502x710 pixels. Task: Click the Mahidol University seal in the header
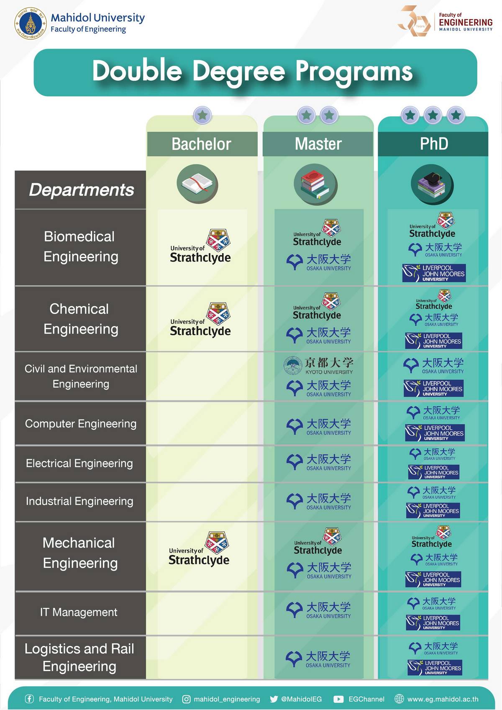click(x=31, y=23)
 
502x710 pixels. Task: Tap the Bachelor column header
click(x=202, y=144)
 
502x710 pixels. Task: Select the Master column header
click(x=318, y=144)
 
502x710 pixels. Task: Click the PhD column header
click(x=433, y=144)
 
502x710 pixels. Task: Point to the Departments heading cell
click(x=81, y=190)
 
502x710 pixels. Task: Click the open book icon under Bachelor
click(x=197, y=185)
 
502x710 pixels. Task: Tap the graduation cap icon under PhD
click(x=432, y=185)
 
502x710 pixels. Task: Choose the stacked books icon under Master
click(x=315, y=185)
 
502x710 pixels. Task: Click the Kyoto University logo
click(x=318, y=365)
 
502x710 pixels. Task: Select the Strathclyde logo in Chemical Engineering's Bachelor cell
click(x=200, y=320)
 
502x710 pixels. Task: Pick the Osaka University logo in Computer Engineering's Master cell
click(x=319, y=426)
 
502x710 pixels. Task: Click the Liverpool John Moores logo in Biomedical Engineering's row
click(x=434, y=273)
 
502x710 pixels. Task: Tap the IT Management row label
click(x=79, y=612)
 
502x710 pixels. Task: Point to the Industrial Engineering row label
click(x=79, y=501)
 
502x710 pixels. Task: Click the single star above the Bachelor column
click(x=202, y=115)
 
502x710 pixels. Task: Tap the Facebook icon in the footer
click(x=29, y=699)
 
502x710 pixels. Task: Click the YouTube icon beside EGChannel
click(x=338, y=699)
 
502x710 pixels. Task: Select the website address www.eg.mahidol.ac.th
click(x=443, y=699)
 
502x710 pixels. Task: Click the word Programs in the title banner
click(x=354, y=71)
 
